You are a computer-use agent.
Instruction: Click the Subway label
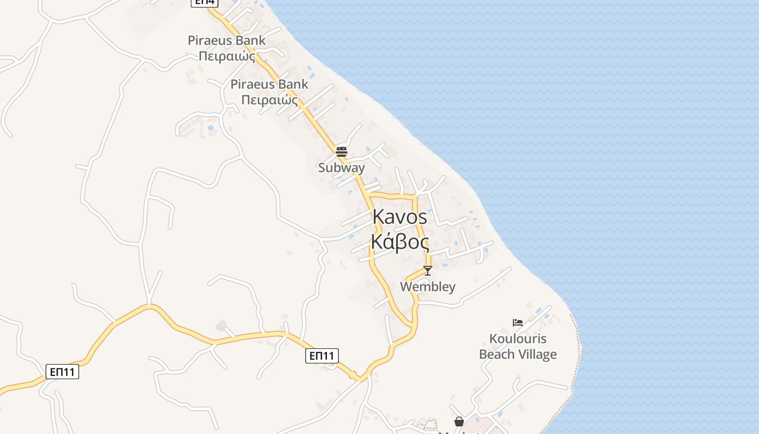pos(342,168)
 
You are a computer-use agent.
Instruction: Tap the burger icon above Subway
pos(342,151)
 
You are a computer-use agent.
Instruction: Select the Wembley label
pos(428,286)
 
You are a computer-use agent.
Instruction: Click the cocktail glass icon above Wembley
pos(428,270)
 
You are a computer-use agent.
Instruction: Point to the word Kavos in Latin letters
pos(400,218)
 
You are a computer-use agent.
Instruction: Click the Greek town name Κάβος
pos(400,242)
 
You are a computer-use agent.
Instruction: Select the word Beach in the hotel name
pos(498,355)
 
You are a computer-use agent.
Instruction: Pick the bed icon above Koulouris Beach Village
pos(518,323)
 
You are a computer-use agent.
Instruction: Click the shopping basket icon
pos(459,422)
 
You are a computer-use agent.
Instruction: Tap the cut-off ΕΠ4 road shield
pos(204,2)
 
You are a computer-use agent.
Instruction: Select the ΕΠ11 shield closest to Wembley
pos(321,356)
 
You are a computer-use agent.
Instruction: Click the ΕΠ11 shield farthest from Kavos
pos(62,372)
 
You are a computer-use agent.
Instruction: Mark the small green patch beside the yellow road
pos(221,326)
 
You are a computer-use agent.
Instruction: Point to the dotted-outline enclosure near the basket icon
pos(430,424)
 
